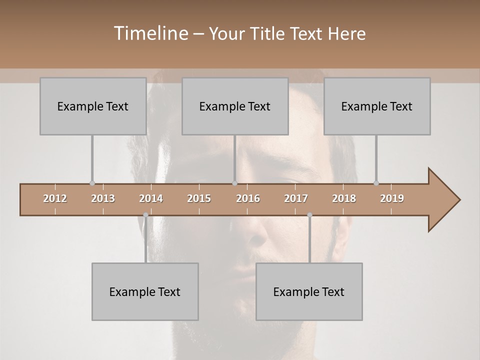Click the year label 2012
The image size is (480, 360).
pos(55,198)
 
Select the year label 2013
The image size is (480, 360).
pos(103,198)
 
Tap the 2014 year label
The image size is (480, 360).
pos(151,198)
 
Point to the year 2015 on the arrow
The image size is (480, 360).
pos(199,198)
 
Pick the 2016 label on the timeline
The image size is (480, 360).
pos(248,198)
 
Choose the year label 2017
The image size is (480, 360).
pos(296,198)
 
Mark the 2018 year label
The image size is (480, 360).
pos(344,198)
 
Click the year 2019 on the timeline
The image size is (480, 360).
pos(392,198)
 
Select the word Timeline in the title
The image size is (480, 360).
pos(150,33)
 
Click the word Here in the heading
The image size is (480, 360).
pos(346,34)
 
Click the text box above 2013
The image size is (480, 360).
pos(93,106)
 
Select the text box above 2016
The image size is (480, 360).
pos(235,106)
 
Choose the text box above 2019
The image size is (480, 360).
pos(377,106)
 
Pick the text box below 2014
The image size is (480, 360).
pos(145,291)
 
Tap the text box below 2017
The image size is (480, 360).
pos(309,291)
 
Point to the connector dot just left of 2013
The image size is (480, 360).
pos(92,183)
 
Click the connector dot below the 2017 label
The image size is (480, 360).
pos(309,215)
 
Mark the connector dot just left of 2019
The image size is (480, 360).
pos(376,183)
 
